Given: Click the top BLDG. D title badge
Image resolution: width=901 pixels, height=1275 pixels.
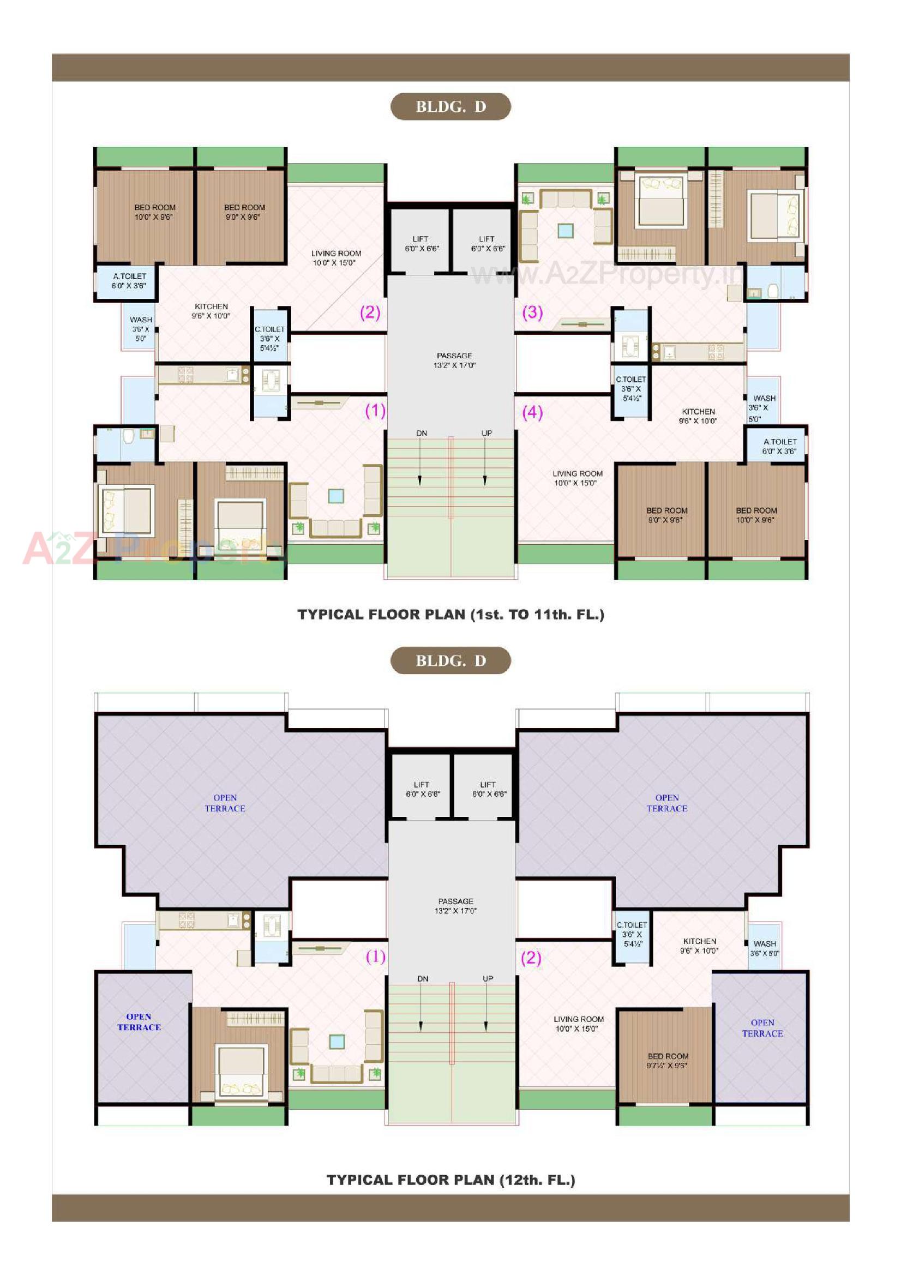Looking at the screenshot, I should click(x=450, y=107).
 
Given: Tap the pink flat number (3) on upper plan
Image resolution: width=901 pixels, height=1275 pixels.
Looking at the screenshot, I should click(x=532, y=312).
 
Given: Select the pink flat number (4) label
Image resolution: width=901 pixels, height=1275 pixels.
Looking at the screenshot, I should click(x=532, y=412).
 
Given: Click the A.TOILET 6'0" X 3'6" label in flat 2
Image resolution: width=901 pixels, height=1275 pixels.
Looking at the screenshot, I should click(x=129, y=281).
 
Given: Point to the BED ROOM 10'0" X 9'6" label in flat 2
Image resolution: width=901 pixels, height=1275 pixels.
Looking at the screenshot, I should click(x=154, y=212).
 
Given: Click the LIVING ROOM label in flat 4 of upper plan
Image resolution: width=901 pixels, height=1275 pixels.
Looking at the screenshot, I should click(x=577, y=478).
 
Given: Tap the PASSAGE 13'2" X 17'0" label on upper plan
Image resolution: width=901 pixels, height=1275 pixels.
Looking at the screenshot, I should click(x=454, y=360).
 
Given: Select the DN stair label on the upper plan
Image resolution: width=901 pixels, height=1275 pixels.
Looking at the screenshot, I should click(x=422, y=433).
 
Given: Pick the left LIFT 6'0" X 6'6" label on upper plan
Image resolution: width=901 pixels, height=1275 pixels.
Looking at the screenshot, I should click(x=421, y=244).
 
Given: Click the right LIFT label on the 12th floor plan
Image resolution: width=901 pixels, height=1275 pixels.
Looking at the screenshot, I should click(x=488, y=789).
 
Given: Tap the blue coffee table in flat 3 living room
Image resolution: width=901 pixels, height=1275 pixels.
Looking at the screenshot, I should click(x=566, y=230).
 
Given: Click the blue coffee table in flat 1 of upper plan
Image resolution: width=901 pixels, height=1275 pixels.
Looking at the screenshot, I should click(x=336, y=496).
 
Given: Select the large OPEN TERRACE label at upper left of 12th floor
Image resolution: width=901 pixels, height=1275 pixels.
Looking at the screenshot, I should click(x=225, y=803).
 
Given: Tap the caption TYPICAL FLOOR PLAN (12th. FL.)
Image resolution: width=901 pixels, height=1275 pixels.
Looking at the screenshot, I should click(x=450, y=1180).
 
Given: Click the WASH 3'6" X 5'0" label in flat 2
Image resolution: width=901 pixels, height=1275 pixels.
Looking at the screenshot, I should click(x=141, y=329).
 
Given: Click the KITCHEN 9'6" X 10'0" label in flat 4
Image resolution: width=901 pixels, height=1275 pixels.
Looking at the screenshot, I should click(x=698, y=416).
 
